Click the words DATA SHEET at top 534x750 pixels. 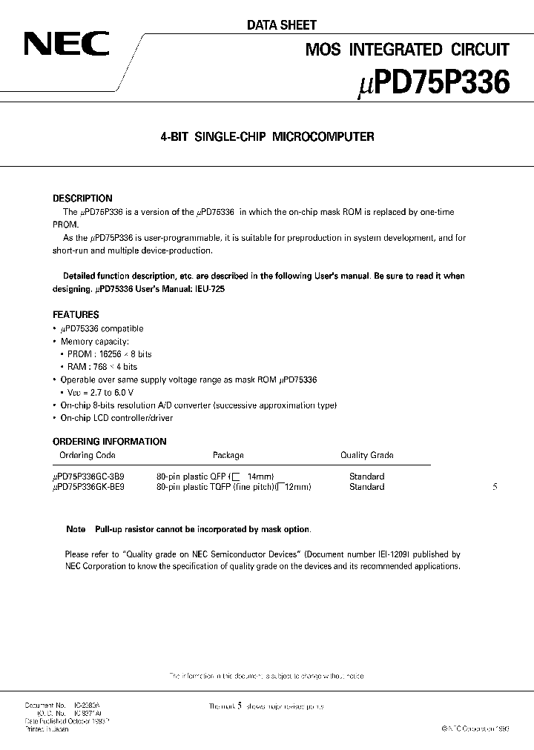281,24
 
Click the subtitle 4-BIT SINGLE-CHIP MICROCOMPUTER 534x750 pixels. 268,137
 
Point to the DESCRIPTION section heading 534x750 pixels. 82,199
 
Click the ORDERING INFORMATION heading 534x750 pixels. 110,442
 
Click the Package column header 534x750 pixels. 228,455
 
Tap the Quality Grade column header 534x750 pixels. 366,455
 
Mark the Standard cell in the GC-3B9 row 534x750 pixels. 366,477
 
